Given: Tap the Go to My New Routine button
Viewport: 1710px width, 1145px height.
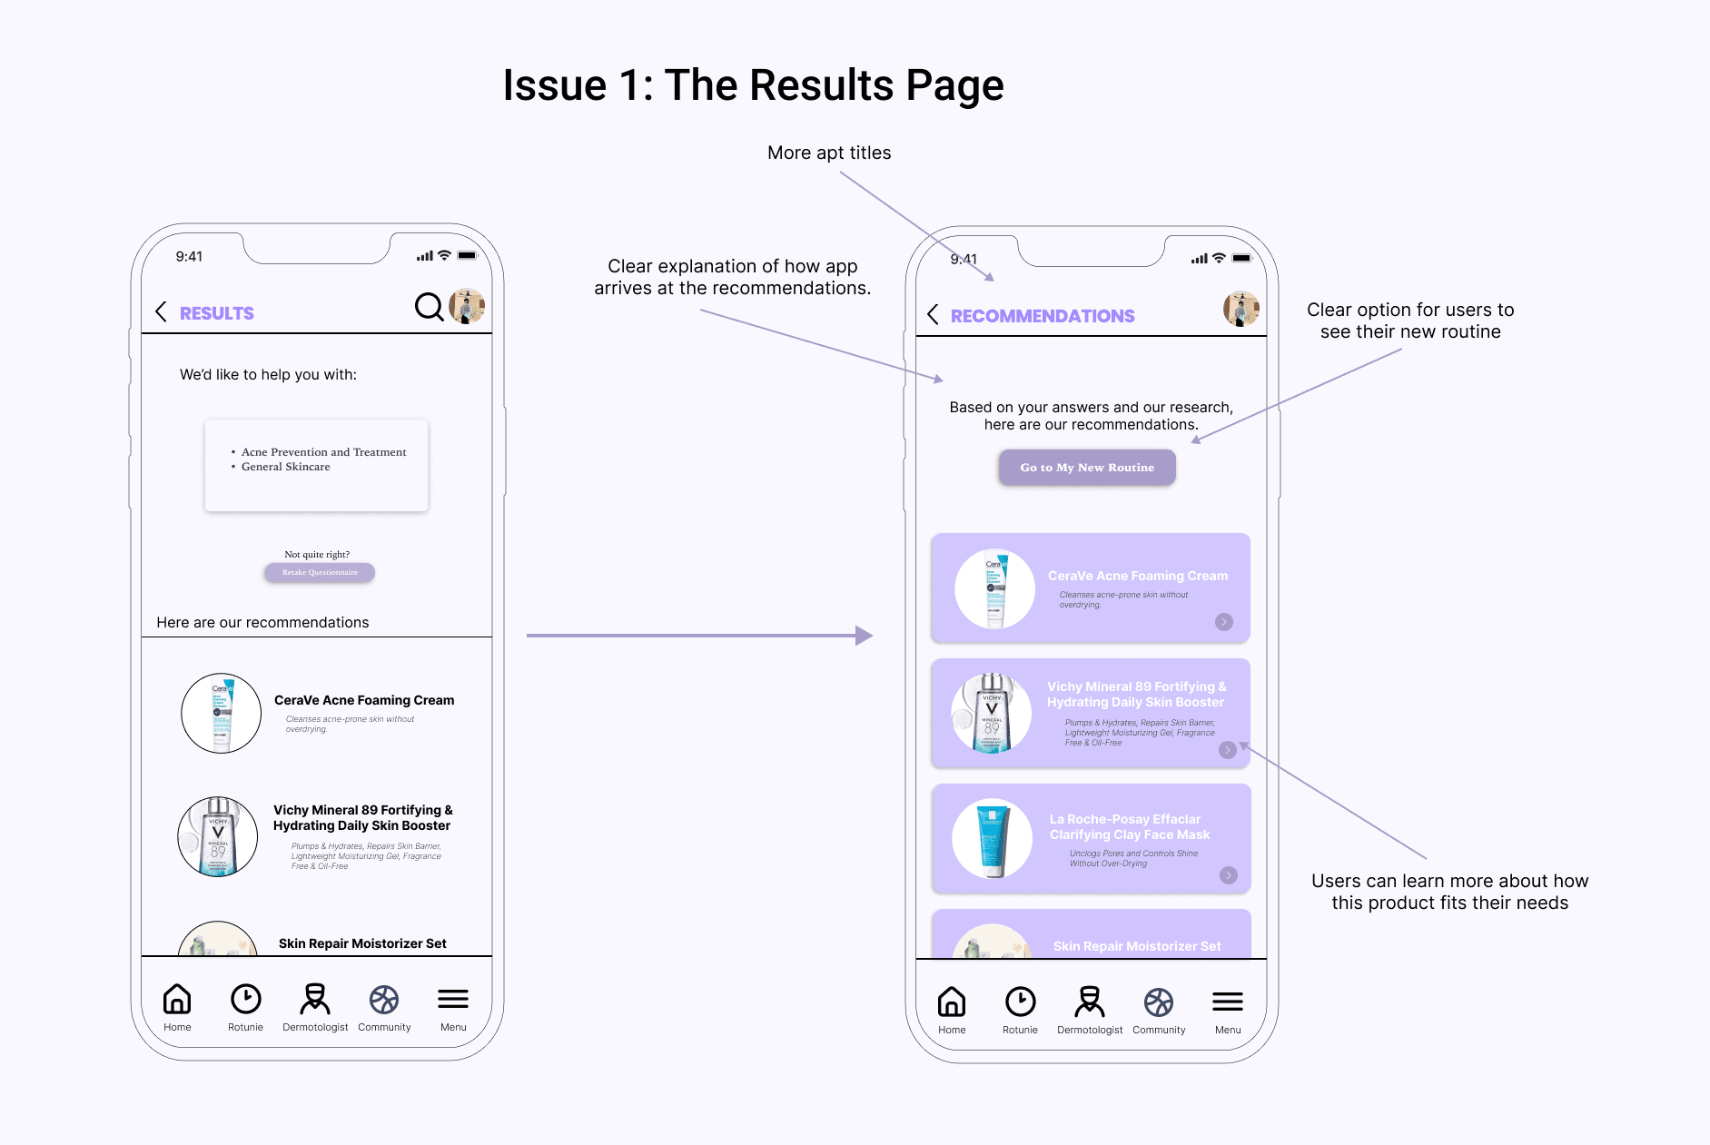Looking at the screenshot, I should coord(1087,468).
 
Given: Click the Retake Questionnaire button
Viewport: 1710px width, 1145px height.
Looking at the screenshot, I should coord(320,573).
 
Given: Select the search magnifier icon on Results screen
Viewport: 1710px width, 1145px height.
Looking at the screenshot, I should coord(429,307).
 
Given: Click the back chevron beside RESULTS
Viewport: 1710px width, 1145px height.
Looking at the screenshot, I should coord(162,312).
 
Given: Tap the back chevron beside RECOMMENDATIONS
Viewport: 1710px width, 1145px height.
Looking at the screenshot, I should coord(933,315).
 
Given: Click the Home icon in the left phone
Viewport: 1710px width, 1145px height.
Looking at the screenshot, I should coord(177,1000).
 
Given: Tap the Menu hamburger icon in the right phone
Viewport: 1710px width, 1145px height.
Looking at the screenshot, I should coord(1228,1002).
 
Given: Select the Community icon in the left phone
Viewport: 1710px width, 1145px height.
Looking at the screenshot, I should coord(384,1000).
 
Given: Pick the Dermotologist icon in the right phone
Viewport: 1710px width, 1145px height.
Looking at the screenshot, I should coord(1090,1002).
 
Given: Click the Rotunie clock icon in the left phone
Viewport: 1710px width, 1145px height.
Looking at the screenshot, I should coord(245,1000).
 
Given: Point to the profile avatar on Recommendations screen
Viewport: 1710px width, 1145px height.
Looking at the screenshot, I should coord(1240,309).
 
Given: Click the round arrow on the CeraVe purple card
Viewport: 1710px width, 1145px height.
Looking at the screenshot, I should coord(1224,622).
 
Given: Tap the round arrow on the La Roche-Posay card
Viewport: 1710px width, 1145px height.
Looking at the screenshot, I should coord(1229,875).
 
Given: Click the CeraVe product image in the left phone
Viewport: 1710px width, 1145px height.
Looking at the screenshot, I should coord(222,713).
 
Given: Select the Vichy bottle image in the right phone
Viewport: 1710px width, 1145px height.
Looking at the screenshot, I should coord(992,714).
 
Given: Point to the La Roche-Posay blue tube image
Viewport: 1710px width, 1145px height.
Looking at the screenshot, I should coord(992,839).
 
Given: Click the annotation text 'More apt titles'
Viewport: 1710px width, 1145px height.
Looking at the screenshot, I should coord(829,153).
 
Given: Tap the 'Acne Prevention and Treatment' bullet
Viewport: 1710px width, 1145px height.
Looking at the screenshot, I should coord(323,452).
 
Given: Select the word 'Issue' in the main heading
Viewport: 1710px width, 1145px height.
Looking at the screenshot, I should coord(554,86).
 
